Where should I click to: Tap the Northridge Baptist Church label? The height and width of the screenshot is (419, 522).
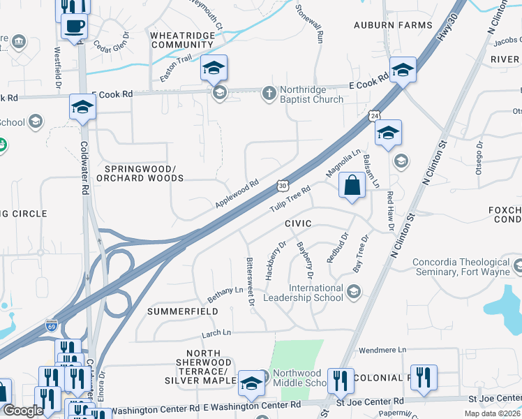311,94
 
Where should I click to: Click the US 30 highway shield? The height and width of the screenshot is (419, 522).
282,185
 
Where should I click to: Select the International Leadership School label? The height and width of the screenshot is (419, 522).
317,293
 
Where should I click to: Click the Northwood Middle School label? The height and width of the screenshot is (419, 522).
300,378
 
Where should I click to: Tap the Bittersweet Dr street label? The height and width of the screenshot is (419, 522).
250,282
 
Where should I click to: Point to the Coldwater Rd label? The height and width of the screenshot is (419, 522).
84,167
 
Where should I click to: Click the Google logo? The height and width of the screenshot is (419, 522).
22,411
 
